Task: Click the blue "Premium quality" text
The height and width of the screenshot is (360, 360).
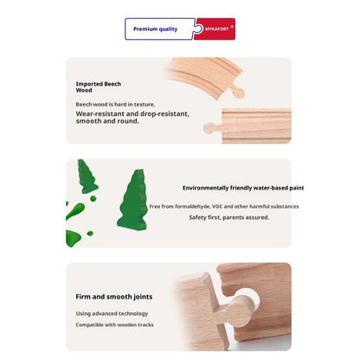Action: tap(155, 29)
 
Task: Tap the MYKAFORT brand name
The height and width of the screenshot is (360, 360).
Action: tap(216, 29)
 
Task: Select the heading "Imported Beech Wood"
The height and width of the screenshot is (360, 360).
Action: tap(99, 87)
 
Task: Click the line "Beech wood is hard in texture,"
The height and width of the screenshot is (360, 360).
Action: tap(115, 105)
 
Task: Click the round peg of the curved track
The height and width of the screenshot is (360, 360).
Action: tap(239, 93)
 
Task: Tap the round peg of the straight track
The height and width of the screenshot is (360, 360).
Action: tap(209, 128)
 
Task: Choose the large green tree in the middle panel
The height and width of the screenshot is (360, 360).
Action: tap(132, 200)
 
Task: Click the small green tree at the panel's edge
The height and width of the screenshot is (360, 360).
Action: tap(87, 177)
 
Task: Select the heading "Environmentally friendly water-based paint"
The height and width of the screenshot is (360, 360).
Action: tap(243, 188)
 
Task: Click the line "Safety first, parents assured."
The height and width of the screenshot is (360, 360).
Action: tap(229, 217)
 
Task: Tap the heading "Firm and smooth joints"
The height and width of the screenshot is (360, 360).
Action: tap(114, 297)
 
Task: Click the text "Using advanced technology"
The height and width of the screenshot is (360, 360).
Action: tap(112, 313)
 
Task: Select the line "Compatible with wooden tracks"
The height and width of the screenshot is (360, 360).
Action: tap(114, 325)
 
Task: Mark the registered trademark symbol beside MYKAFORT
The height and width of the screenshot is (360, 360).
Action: tap(232, 27)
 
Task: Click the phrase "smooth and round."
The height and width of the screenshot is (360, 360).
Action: tap(107, 121)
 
